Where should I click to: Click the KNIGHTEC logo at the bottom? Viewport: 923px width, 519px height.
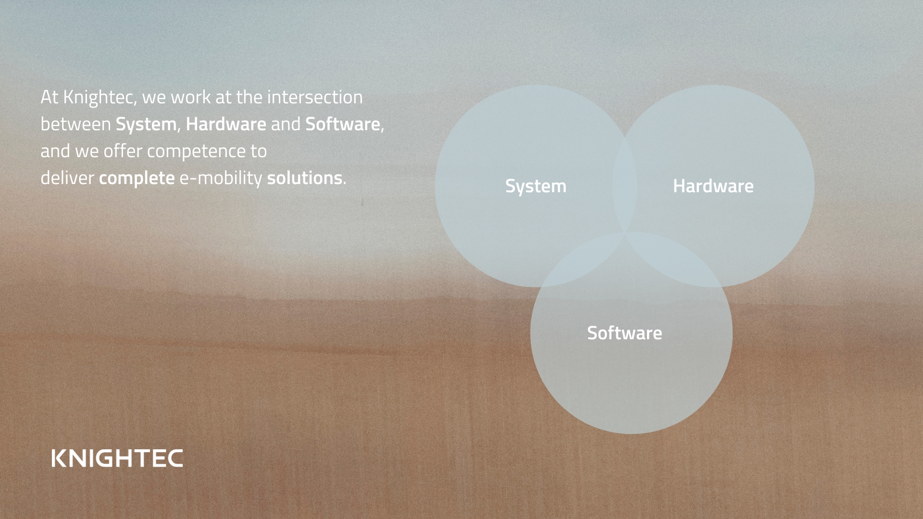click(117, 458)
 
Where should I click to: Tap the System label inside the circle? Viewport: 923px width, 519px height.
click(536, 186)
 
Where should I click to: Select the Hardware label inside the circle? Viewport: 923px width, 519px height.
click(713, 186)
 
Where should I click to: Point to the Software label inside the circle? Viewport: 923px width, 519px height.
click(624, 333)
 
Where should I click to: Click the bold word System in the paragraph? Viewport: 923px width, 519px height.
click(146, 124)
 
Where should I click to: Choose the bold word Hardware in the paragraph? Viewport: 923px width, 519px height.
click(226, 124)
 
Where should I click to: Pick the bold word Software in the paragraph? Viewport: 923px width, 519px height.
click(343, 124)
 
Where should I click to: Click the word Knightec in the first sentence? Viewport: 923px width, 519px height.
click(100, 98)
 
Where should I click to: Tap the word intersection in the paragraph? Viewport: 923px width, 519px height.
click(315, 97)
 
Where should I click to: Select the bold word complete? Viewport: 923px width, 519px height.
click(137, 178)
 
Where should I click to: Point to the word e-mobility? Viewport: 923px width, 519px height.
click(221, 178)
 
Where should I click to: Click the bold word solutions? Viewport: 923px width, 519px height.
click(304, 178)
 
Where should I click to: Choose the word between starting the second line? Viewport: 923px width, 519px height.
click(76, 124)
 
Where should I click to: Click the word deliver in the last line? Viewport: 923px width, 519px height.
click(67, 178)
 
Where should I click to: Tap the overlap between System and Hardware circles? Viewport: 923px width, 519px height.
click(624, 185)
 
